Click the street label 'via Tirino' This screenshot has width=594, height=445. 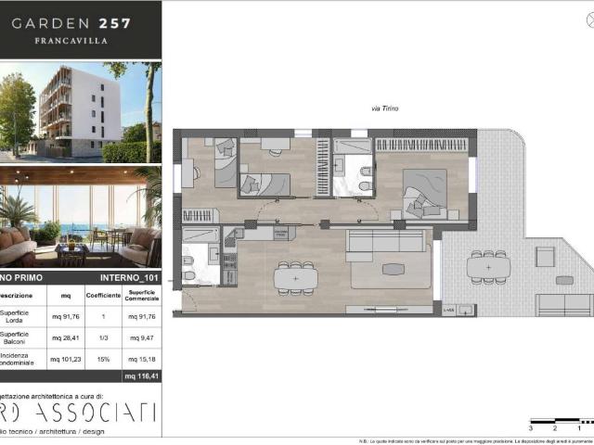384,109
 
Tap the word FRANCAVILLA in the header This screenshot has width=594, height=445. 71,41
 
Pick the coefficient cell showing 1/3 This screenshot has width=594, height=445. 103,338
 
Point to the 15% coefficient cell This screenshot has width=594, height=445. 103,360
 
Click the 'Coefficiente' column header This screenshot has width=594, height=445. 103,296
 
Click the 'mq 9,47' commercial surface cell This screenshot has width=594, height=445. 141,338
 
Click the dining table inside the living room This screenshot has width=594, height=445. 295,277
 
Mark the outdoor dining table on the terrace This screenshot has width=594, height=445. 488,268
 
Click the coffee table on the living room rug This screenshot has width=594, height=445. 394,269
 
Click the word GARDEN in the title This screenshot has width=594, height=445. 45,22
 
